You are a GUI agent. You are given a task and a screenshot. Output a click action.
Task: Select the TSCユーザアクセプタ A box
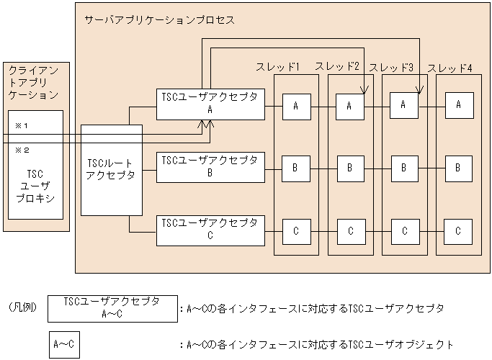point(210,104)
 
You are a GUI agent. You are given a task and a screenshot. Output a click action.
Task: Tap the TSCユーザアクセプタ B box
point(210,166)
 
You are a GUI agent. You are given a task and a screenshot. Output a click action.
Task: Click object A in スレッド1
point(296,106)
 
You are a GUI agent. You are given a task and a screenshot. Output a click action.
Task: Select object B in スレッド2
point(350,168)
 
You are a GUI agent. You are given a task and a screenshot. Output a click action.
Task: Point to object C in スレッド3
point(404,231)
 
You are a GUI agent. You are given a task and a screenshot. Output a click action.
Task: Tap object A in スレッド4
point(458,105)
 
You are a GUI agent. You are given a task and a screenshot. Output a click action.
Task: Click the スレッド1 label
point(278,67)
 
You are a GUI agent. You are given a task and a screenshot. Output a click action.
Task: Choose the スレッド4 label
point(450,68)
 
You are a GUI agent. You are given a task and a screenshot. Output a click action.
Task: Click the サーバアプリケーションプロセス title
point(159,20)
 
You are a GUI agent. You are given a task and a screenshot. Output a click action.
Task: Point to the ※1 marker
point(21,125)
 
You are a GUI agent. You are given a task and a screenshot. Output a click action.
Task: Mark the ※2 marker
point(21,150)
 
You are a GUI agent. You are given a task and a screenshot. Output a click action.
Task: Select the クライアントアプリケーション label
point(34,82)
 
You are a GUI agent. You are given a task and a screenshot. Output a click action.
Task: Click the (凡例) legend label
point(22,307)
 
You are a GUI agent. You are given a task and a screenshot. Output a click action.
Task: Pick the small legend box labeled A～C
point(63,344)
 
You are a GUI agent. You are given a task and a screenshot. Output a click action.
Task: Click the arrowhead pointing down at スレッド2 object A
point(364,90)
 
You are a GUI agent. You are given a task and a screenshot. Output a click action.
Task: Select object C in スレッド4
point(458,231)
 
